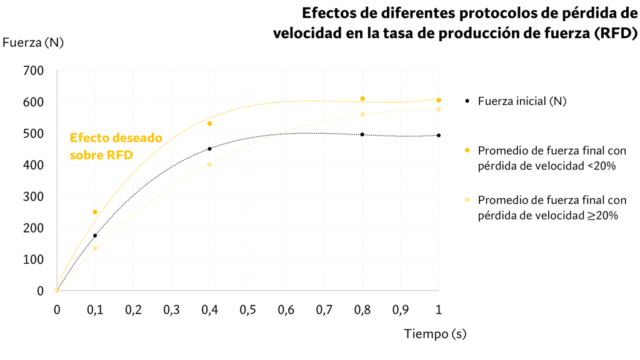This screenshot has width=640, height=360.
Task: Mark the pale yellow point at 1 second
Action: click(x=439, y=109)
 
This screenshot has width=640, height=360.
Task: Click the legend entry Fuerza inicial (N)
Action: click(x=521, y=101)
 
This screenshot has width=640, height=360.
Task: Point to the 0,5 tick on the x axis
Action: click(x=247, y=309)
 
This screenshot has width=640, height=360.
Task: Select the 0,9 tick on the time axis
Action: click(x=400, y=309)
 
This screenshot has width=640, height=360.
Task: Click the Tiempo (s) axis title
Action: click(x=435, y=334)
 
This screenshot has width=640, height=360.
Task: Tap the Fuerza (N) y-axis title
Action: click(x=33, y=42)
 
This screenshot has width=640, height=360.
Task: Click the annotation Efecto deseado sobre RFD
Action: click(x=116, y=146)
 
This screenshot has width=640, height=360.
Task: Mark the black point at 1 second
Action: click(x=439, y=135)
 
